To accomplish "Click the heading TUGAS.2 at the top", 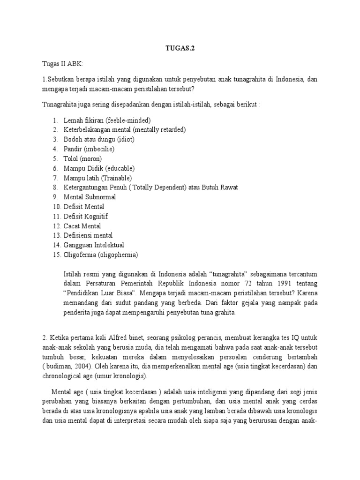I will (180, 47).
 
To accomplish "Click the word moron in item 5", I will (91, 158).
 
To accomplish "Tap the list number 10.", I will (57, 207).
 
